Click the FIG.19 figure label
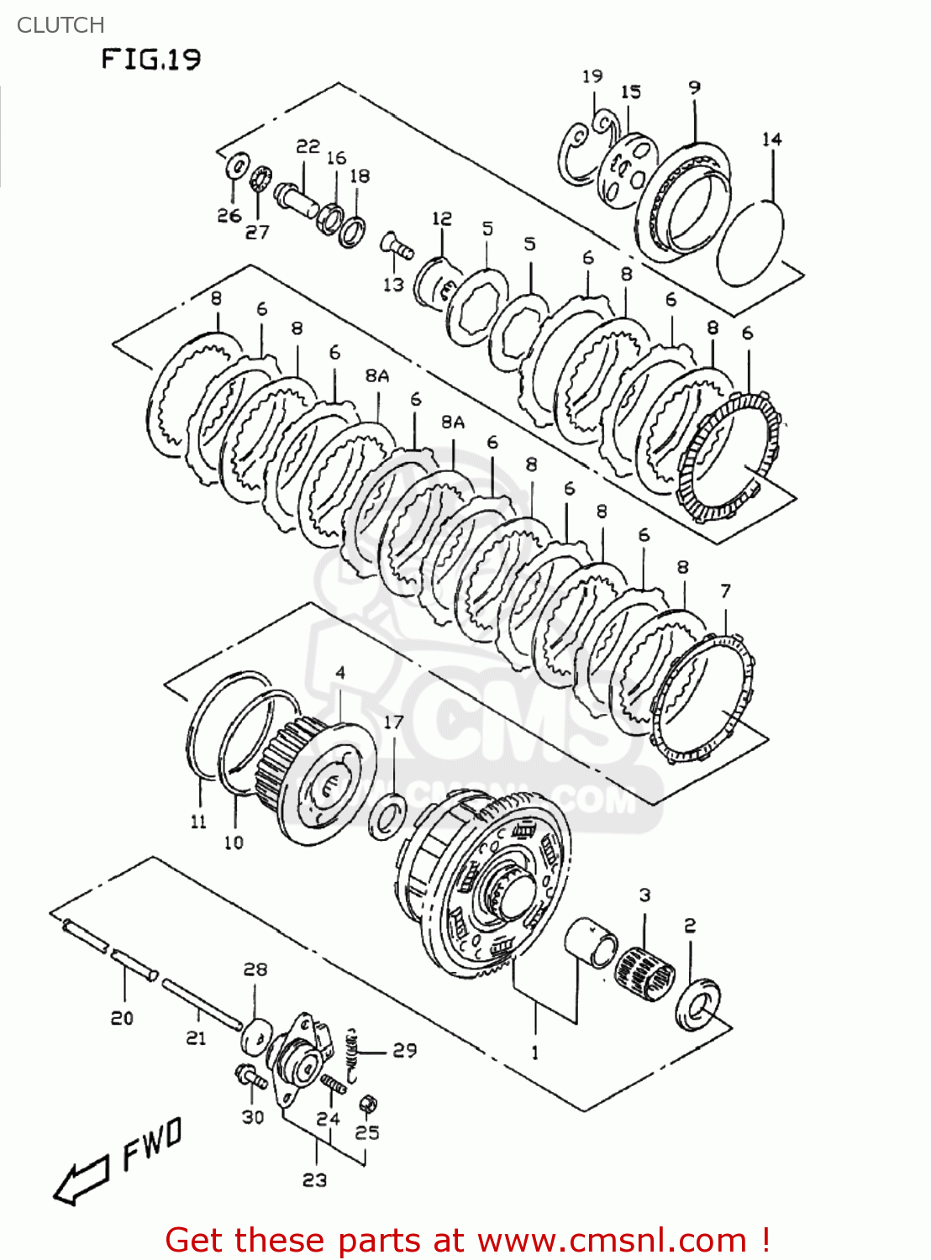(x=151, y=60)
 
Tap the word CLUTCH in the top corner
(x=60, y=25)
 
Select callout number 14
(x=771, y=139)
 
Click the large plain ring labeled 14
(x=750, y=244)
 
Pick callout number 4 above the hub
(x=340, y=673)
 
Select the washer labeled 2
(x=697, y=1003)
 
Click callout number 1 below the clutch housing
(x=535, y=1052)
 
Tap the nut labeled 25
(x=367, y=1104)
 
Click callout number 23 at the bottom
(x=314, y=1180)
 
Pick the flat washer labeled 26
(x=237, y=165)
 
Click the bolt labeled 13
(x=397, y=246)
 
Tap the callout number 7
(x=725, y=591)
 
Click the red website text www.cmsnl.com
(x=613, y=1240)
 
